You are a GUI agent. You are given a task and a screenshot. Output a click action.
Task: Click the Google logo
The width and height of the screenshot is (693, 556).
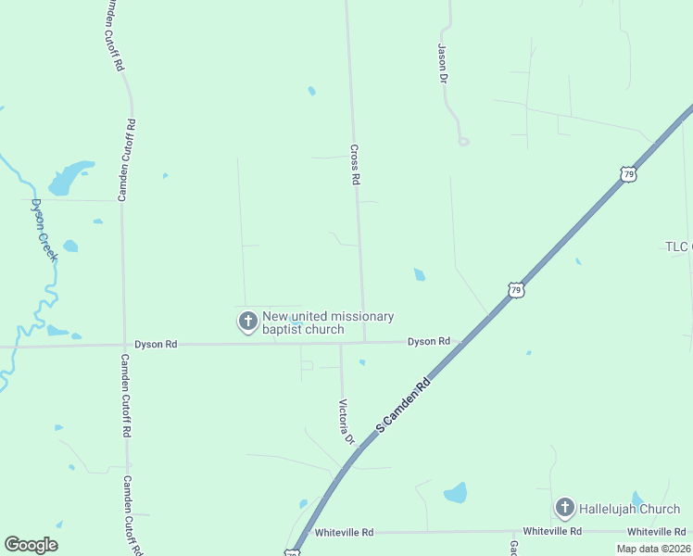pos(31,545)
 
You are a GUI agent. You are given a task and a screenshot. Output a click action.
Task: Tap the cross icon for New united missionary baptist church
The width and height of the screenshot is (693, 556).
pos(248,322)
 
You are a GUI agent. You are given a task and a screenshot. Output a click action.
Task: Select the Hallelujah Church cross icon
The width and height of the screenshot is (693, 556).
pos(564,508)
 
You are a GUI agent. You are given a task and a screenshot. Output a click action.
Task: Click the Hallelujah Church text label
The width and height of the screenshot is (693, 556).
pos(629,509)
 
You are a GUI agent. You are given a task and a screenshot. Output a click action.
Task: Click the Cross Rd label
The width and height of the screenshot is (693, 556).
pos(354,164)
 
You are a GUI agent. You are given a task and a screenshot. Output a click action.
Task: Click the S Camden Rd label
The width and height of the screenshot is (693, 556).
pos(404,405)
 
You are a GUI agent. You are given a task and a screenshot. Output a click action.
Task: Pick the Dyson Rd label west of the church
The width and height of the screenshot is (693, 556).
pos(156,344)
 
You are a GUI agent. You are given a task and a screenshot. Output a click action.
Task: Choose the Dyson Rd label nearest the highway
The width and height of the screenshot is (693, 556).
pos(429,342)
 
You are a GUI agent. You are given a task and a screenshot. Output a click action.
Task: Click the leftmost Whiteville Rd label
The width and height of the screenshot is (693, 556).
pos(344,533)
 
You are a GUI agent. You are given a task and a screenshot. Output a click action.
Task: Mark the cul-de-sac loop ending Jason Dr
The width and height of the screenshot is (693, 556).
pos(463,141)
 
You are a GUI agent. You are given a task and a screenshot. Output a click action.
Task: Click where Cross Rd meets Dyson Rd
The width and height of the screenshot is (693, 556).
pos(365,342)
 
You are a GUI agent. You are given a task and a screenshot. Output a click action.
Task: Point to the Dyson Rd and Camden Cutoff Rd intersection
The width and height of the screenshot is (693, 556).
pos(123,345)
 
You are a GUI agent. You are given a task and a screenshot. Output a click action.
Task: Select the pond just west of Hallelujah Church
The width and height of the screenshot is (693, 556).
pos(455,493)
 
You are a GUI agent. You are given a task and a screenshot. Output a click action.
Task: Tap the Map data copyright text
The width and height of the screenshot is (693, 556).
pos(653,549)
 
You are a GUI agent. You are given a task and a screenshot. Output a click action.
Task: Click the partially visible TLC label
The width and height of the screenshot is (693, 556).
pos(678,246)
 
